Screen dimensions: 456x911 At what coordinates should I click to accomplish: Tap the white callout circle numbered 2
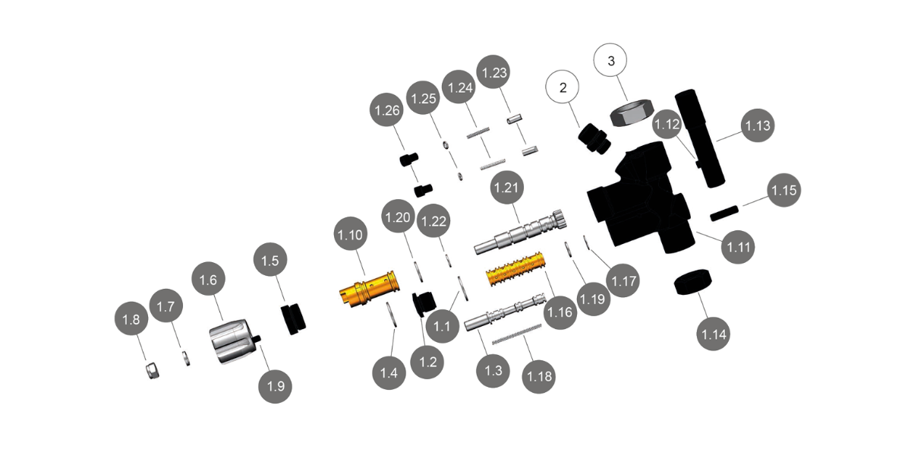point(563,88)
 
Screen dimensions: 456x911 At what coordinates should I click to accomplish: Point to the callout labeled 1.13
point(758,125)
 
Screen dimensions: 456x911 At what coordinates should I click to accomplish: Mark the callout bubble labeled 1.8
point(131,321)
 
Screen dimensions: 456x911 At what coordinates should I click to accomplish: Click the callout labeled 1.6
point(209,280)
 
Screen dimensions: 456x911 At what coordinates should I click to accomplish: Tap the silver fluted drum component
point(231,343)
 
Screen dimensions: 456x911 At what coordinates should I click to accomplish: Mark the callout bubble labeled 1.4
point(389,373)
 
